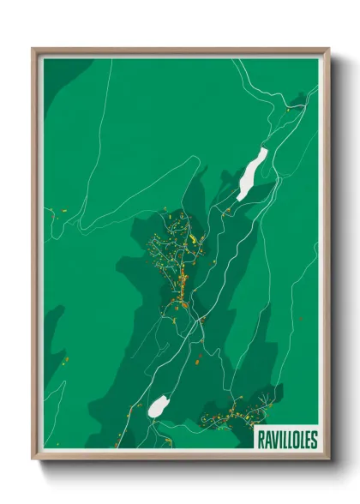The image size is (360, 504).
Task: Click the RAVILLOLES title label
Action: (287, 440)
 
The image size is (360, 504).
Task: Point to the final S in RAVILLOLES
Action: (314, 440)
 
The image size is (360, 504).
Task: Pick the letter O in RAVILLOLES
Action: (296, 440)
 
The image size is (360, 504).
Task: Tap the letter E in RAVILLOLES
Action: (308, 440)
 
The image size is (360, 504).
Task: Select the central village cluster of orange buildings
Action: (178, 257)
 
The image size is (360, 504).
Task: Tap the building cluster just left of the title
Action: (231, 416)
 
